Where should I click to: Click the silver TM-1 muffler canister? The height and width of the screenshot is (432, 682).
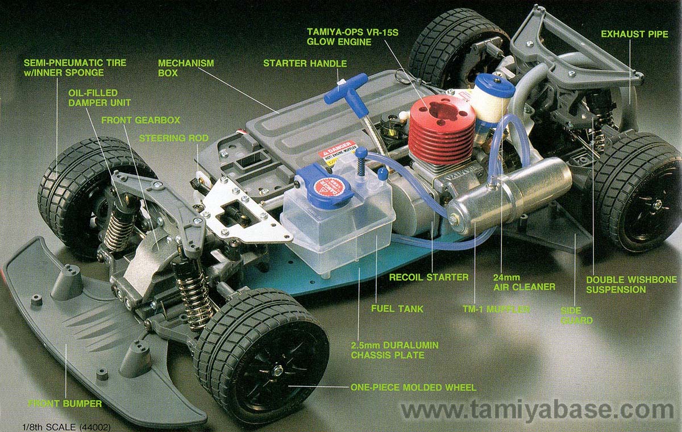[x=510, y=193]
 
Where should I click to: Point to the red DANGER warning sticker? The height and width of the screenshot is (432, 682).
[x=338, y=151]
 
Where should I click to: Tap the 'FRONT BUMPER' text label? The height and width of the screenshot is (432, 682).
[x=65, y=404]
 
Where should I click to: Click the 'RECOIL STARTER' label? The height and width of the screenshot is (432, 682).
[x=429, y=277]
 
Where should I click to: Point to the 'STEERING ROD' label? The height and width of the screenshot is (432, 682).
[x=173, y=138]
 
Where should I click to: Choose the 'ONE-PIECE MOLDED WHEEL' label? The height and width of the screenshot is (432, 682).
[x=413, y=388]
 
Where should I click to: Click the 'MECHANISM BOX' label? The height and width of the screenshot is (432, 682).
[x=178, y=68]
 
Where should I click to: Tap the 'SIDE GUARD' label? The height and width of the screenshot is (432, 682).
[x=576, y=315]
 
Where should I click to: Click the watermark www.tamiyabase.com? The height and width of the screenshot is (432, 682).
[x=537, y=409]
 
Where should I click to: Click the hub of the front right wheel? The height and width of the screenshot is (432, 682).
[x=278, y=370]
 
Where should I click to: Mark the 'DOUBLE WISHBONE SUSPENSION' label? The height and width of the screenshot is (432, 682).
[x=631, y=284]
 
